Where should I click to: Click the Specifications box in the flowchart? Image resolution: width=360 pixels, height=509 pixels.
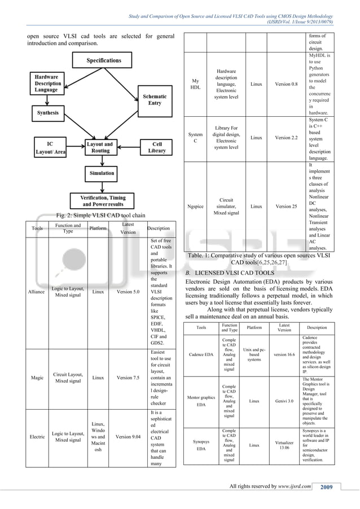tap(104, 60)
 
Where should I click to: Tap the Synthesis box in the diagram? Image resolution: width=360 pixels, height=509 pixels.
tap(48, 113)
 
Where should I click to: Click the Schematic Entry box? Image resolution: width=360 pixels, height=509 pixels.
tap(155, 100)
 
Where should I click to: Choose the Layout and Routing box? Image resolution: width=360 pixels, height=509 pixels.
tap(100, 148)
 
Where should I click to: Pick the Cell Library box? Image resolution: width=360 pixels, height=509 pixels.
tap(157, 148)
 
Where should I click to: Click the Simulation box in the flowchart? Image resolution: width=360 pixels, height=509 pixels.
tap(102, 173)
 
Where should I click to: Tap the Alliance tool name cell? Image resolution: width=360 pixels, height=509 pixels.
tap(37, 292)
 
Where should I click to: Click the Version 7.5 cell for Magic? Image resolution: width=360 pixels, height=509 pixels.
tap(129, 378)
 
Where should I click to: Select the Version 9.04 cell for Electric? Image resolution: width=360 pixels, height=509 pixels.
tap(129, 436)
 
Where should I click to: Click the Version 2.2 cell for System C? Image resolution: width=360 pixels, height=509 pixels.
tap(287, 137)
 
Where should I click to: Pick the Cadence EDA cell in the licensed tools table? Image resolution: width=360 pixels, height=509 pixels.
tap(201, 354)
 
